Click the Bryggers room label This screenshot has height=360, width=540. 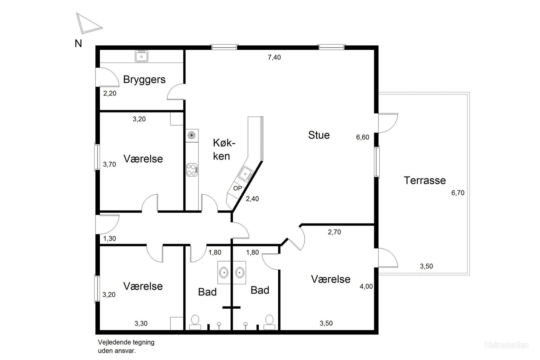144,80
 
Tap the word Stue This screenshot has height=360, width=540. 319,135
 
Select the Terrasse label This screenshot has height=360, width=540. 425,181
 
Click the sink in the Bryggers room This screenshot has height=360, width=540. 141,56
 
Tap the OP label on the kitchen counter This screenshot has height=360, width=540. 238,188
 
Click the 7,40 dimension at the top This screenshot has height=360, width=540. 274,57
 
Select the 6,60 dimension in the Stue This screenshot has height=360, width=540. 363,137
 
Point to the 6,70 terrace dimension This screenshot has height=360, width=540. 458,193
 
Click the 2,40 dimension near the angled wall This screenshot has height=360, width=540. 252,199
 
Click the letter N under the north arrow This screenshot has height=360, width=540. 78,44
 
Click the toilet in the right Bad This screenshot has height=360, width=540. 269,322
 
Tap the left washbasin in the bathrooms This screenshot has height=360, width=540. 224,273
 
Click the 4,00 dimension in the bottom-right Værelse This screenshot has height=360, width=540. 366,287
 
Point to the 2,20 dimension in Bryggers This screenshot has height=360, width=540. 110,94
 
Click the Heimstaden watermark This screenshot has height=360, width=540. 506,345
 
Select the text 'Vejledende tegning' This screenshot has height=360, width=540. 126,342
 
